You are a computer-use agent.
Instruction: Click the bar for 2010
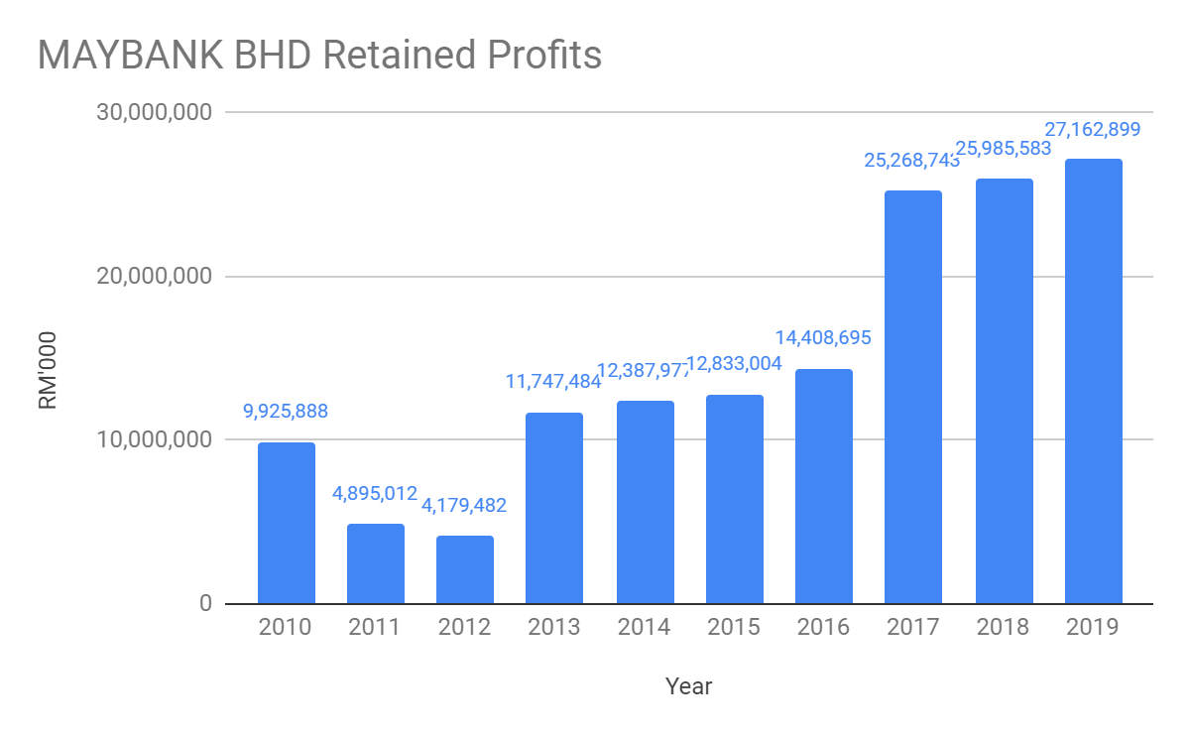286,523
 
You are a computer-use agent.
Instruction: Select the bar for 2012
465,569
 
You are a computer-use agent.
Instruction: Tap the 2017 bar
912,397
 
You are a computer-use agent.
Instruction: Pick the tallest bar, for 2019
1093,381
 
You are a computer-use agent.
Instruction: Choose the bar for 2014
645,502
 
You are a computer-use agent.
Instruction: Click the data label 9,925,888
286,411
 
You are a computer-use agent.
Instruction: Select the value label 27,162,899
1093,129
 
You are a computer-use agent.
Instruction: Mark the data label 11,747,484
554,381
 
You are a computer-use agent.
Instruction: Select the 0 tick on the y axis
204,603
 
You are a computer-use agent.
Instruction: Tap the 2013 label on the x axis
554,628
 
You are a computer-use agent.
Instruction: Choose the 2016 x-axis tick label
823,628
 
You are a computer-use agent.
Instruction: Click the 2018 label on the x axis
1003,628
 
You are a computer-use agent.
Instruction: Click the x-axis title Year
688,686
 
